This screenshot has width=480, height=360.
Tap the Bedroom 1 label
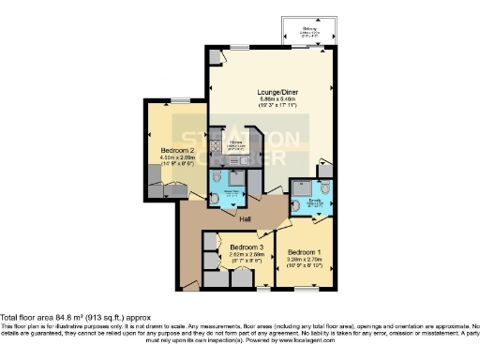[306, 253]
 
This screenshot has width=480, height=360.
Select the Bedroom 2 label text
[178, 150]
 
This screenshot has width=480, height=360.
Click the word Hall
[245, 219]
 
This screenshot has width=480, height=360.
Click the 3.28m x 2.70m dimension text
[306, 260]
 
